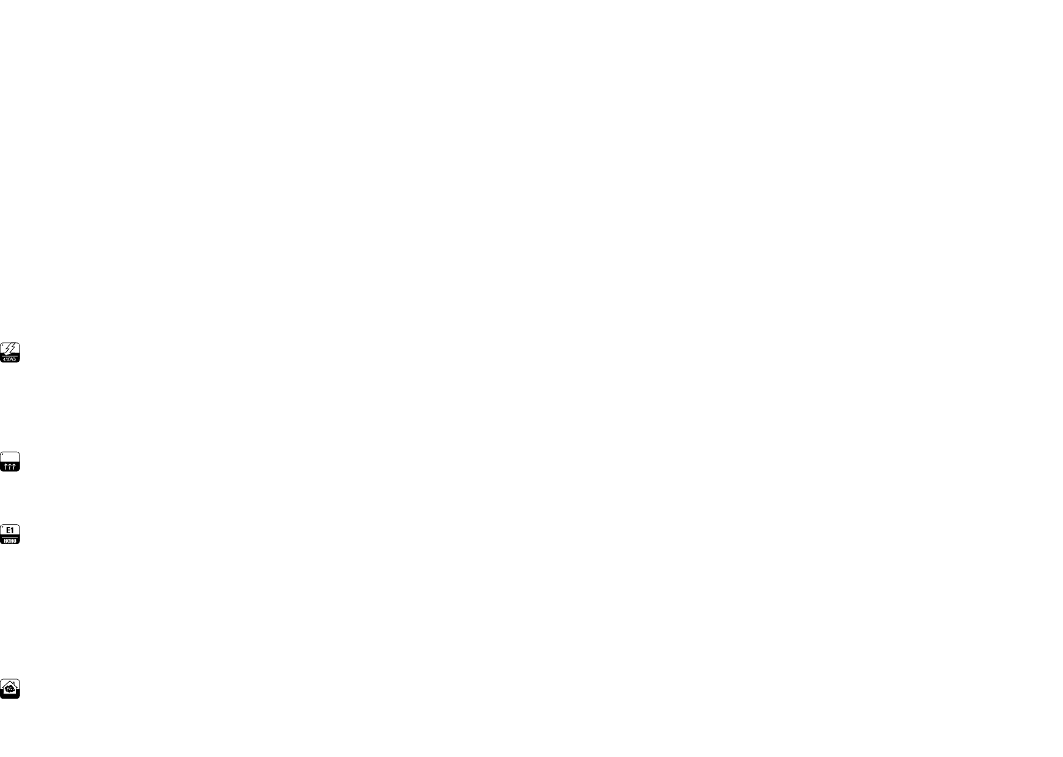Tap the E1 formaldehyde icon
click(10, 534)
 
